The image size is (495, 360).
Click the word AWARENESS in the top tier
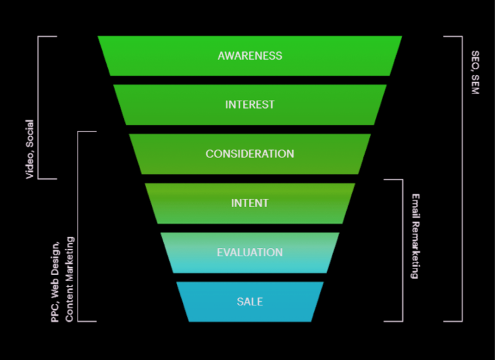(249, 56)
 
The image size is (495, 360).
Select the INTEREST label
(249, 105)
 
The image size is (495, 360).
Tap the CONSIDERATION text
(249, 154)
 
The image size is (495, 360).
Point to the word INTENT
(249, 203)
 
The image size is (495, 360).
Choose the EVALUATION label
(249, 253)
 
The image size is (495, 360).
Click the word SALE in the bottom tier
(249, 302)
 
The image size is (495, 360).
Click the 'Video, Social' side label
(30, 149)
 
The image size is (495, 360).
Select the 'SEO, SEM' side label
(475, 72)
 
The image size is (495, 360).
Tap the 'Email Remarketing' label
(415, 236)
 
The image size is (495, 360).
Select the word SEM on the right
(475, 84)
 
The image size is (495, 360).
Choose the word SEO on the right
(475, 60)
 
